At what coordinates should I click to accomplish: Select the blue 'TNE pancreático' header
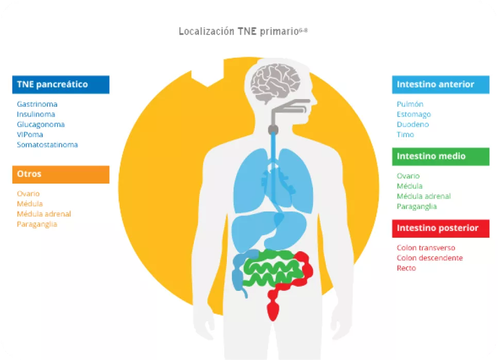point(60,85)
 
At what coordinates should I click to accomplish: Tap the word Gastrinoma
point(37,104)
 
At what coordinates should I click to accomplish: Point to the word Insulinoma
point(36,114)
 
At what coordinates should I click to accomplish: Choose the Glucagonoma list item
point(41,124)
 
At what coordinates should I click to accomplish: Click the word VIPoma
point(30,135)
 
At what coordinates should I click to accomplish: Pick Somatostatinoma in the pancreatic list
point(47,145)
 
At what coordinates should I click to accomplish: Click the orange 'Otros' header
point(60,174)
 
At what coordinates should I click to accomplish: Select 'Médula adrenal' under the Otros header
point(44,214)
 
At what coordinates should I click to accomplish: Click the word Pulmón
point(410,104)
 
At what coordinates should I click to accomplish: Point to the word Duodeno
point(413,124)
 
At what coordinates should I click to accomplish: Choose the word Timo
point(405,135)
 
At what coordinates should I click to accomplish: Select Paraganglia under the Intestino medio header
point(417,206)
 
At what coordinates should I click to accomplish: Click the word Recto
point(406,268)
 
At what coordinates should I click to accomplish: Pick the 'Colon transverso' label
point(426,248)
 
